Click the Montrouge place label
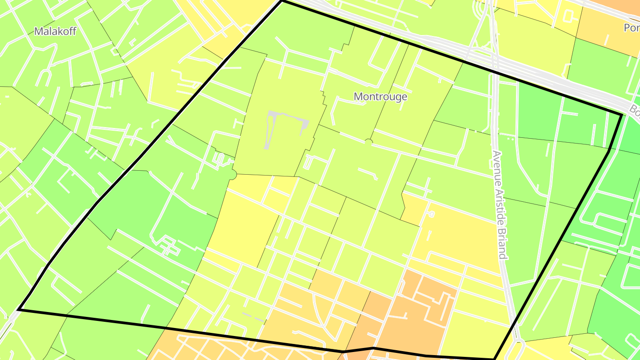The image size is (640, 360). [380, 96]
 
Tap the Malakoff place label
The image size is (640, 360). [55, 31]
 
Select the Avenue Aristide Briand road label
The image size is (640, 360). [499, 204]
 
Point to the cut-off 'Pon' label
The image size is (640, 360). [631, 28]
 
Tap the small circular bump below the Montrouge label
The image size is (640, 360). [368, 142]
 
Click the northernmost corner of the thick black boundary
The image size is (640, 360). [282, 1]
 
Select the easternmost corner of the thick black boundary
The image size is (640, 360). [621, 115]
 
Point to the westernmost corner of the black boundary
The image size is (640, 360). [19, 309]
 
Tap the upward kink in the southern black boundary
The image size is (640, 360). [372, 348]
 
